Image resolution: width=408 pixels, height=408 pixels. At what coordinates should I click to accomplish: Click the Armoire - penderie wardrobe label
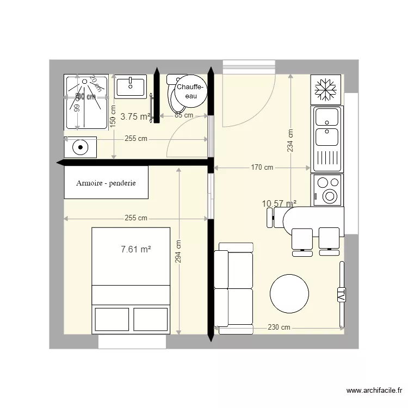click(106, 183)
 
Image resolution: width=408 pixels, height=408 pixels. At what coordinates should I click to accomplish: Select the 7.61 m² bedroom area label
click(135, 250)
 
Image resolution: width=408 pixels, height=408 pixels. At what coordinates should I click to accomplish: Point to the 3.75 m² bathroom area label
click(135, 116)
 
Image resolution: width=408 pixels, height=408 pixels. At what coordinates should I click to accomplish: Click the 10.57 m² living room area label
click(279, 204)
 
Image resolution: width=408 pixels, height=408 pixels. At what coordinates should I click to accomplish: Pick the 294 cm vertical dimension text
click(179, 251)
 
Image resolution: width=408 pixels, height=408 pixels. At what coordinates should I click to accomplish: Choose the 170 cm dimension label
click(262, 168)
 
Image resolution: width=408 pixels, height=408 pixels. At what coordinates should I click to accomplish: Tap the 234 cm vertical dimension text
click(290, 141)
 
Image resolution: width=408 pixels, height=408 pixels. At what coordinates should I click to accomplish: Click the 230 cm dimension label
click(279, 327)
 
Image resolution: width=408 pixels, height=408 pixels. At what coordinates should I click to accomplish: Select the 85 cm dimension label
click(184, 115)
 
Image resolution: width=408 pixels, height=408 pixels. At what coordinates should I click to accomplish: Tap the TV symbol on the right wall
click(341, 294)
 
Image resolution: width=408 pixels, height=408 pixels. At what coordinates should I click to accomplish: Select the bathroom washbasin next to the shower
click(131, 86)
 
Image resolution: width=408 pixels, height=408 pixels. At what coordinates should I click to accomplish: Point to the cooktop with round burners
click(327, 189)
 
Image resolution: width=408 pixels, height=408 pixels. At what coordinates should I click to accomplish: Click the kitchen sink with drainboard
click(327, 139)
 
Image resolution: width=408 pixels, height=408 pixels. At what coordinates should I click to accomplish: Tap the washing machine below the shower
click(80, 147)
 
